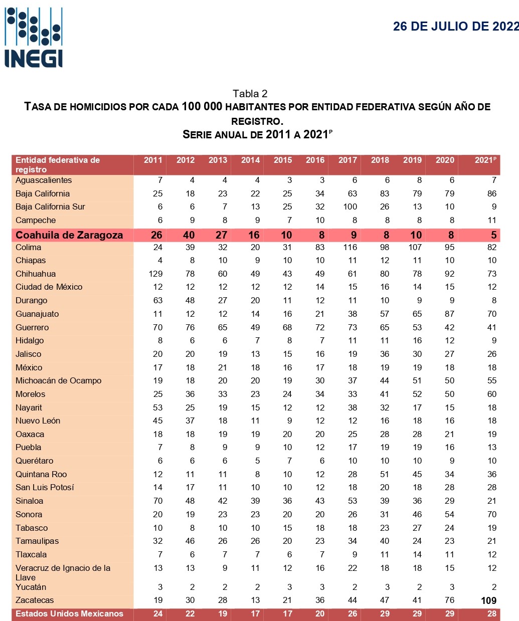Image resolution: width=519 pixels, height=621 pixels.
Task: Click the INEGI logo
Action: click(34, 38)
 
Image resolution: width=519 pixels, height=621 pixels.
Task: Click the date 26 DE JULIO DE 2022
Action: click(455, 27)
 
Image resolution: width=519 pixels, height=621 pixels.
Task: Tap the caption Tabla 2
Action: click(250, 94)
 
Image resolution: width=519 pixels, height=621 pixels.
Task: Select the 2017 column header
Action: click(348, 160)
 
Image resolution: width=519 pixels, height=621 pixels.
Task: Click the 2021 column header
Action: click(485, 160)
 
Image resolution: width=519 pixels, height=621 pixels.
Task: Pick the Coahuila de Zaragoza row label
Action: click(69, 235)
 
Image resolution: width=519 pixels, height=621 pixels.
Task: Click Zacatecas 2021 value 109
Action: click(488, 600)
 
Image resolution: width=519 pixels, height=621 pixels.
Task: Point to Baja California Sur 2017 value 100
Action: click(350, 207)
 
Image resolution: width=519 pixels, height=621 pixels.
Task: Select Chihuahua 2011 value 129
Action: click(155, 274)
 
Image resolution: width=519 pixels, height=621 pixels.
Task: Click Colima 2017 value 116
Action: click(350, 247)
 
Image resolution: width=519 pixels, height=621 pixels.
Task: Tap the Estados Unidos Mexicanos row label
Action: click(69, 614)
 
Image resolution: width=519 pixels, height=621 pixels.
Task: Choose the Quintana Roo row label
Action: click(41, 474)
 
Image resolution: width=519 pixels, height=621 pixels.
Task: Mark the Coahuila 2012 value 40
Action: click(189, 235)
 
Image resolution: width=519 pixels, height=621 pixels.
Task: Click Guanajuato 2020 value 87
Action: click(449, 314)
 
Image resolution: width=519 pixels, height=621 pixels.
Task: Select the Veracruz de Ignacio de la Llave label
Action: click(63, 572)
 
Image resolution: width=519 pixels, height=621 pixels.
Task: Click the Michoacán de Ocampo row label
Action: click(58, 381)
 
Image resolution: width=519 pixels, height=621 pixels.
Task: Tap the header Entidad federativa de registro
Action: click(58, 165)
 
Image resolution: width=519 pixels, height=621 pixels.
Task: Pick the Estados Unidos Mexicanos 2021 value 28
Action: click(491, 614)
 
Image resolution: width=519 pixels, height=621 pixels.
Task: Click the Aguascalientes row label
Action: click(44, 180)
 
